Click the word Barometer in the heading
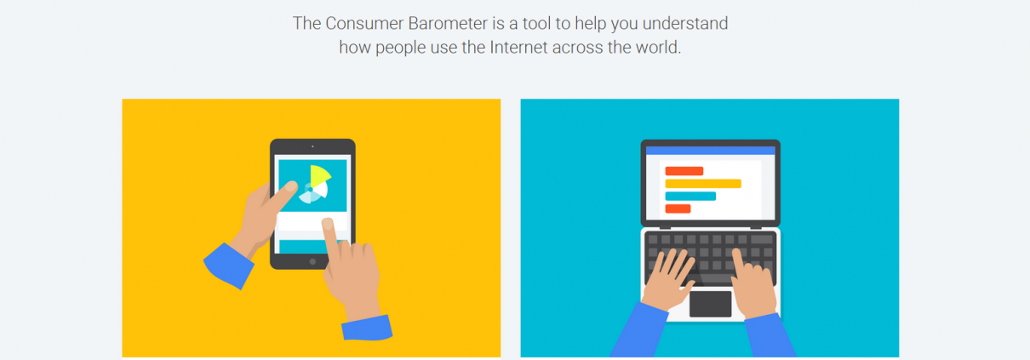[x=448, y=24]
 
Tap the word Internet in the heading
[x=518, y=48]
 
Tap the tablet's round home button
[x=312, y=261]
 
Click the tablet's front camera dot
[x=312, y=146]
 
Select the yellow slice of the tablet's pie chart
[x=319, y=175]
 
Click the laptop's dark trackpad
[x=711, y=304]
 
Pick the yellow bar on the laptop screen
[x=703, y=184]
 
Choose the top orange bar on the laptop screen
[x=684, y=171]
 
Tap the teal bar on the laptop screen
[x=690, y=197]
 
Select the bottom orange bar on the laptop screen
[x=678, y=209]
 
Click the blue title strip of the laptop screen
[x=711, y=151]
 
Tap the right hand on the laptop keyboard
[x=752, y=285]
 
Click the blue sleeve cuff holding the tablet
[x=228, y=266]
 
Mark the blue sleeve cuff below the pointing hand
[x=367, y=328]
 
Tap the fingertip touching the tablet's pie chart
[x=290, y=186]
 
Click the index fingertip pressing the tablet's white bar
[x=328, y=224]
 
